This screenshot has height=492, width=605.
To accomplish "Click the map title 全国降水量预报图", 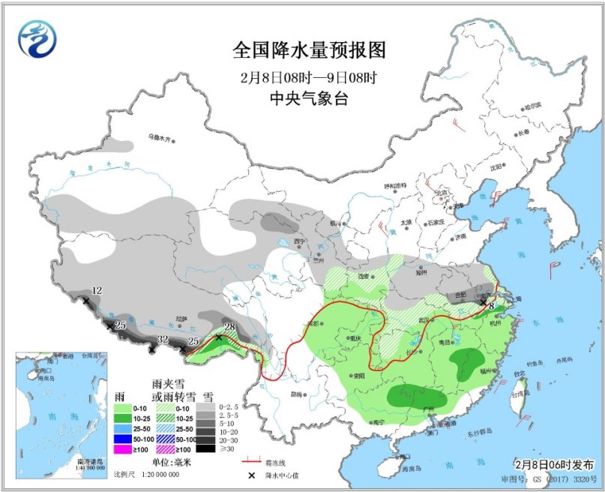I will click(308, 50).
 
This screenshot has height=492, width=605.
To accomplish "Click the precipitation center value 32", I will click(163, 339).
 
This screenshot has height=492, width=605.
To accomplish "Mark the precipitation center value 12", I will click(96, 290).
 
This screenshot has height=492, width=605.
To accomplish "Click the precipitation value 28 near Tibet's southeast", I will click(230, 326).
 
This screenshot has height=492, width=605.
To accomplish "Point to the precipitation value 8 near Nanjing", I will click(491, 305).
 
